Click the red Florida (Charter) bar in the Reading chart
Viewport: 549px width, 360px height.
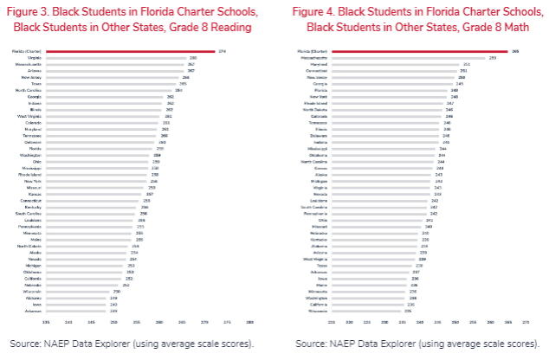click(130, 51)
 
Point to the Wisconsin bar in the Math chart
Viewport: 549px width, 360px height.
click(358, 311)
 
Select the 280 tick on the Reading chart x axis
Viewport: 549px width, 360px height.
click(249, 321)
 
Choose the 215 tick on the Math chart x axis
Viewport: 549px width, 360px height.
click(330, 321)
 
